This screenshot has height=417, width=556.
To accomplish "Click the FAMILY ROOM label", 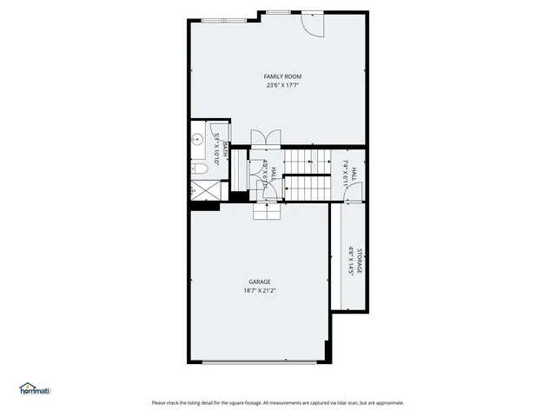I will pyautogui.click(x=282, y=77).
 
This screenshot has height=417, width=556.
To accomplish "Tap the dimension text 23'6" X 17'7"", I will pyautogui.click(x=282, y=86).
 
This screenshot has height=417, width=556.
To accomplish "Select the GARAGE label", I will pyautogui.click(x=260, y=281).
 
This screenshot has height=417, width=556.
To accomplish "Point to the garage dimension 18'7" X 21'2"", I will pyautogui.click(x=260, y=290).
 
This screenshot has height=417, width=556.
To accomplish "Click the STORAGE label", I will pyautogui.click(x=359, y=261).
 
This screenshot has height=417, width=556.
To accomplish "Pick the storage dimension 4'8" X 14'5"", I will pyautogui.click(x=351, y=261).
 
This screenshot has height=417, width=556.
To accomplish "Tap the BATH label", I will pyautogui.click(x=224, y=149).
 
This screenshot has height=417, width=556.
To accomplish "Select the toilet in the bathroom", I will pyautogui.click(x=198, y=169).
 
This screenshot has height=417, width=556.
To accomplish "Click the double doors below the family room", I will pyautogui.click(x=264, y=138).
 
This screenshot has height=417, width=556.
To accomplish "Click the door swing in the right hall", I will pyautogui.click(x=351, y=195).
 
